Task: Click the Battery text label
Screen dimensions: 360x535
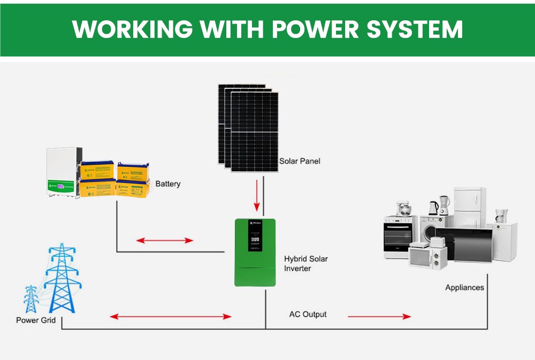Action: (168, 184)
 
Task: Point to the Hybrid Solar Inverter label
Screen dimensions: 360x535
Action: (306, 263)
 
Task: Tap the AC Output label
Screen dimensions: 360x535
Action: (308, 314)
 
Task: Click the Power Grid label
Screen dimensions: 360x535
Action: (35, 320)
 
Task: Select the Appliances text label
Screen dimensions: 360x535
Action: (464, 287)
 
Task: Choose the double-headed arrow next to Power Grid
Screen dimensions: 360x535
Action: (171, 317)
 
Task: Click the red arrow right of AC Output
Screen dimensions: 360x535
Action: (379, 317)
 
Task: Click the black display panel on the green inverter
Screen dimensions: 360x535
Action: (255, 236)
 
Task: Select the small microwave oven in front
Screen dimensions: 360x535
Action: (424, 255)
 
